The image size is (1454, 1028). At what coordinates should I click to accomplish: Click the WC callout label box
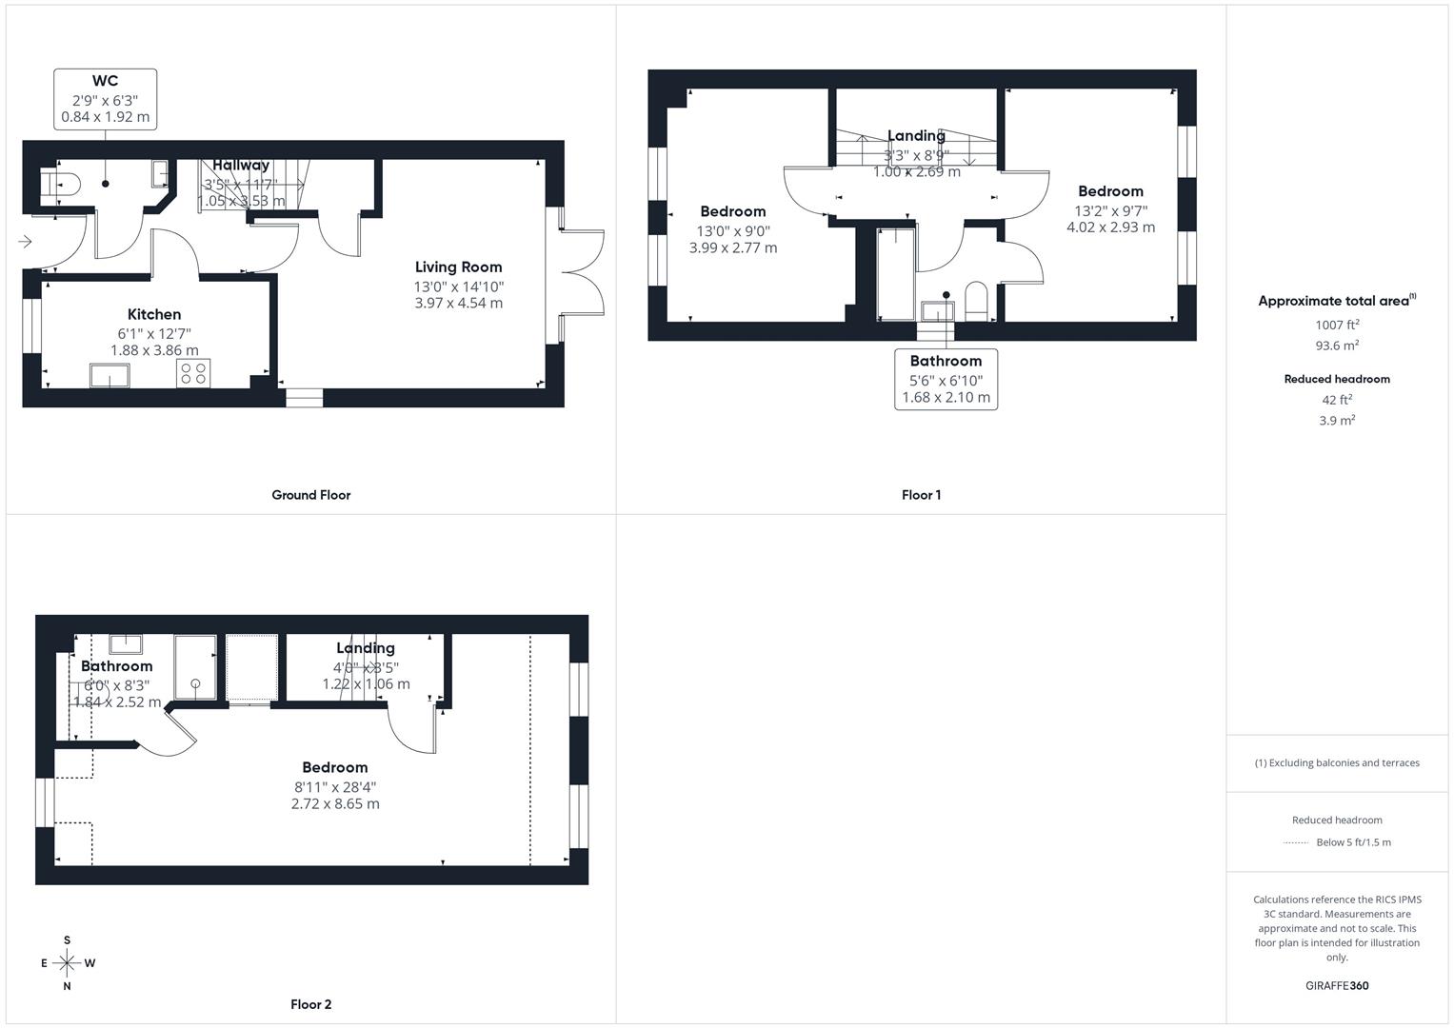105,99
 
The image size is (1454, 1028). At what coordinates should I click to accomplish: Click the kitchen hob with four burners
192,373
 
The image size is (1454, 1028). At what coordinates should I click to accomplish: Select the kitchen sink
110,375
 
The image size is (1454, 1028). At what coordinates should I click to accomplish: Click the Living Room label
458,267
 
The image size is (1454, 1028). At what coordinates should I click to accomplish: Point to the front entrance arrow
25,242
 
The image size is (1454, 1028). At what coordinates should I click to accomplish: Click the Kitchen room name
154,314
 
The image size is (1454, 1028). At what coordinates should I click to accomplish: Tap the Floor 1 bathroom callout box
946,379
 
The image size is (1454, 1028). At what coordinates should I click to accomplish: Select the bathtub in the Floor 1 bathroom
895,273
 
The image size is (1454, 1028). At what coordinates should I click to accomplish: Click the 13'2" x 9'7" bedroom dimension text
1110,210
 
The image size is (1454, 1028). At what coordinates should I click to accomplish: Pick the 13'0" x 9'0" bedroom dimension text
733,231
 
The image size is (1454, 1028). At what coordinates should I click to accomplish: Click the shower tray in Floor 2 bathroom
195,667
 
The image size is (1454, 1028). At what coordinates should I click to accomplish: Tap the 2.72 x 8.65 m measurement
335,804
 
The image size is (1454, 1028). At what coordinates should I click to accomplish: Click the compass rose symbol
67,962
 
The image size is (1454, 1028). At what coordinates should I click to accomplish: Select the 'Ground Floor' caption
310,495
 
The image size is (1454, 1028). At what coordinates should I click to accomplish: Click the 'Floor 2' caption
310,1004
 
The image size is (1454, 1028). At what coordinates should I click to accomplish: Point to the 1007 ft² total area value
1337,325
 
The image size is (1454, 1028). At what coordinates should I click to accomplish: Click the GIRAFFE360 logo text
1337,986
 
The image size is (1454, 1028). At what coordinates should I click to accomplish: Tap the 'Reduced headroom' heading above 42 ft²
1337,379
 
